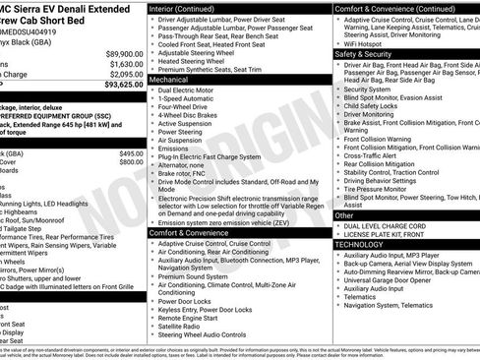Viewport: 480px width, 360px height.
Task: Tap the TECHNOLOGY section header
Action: tap(363, 244)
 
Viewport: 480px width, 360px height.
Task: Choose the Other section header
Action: tap(345, 214)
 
